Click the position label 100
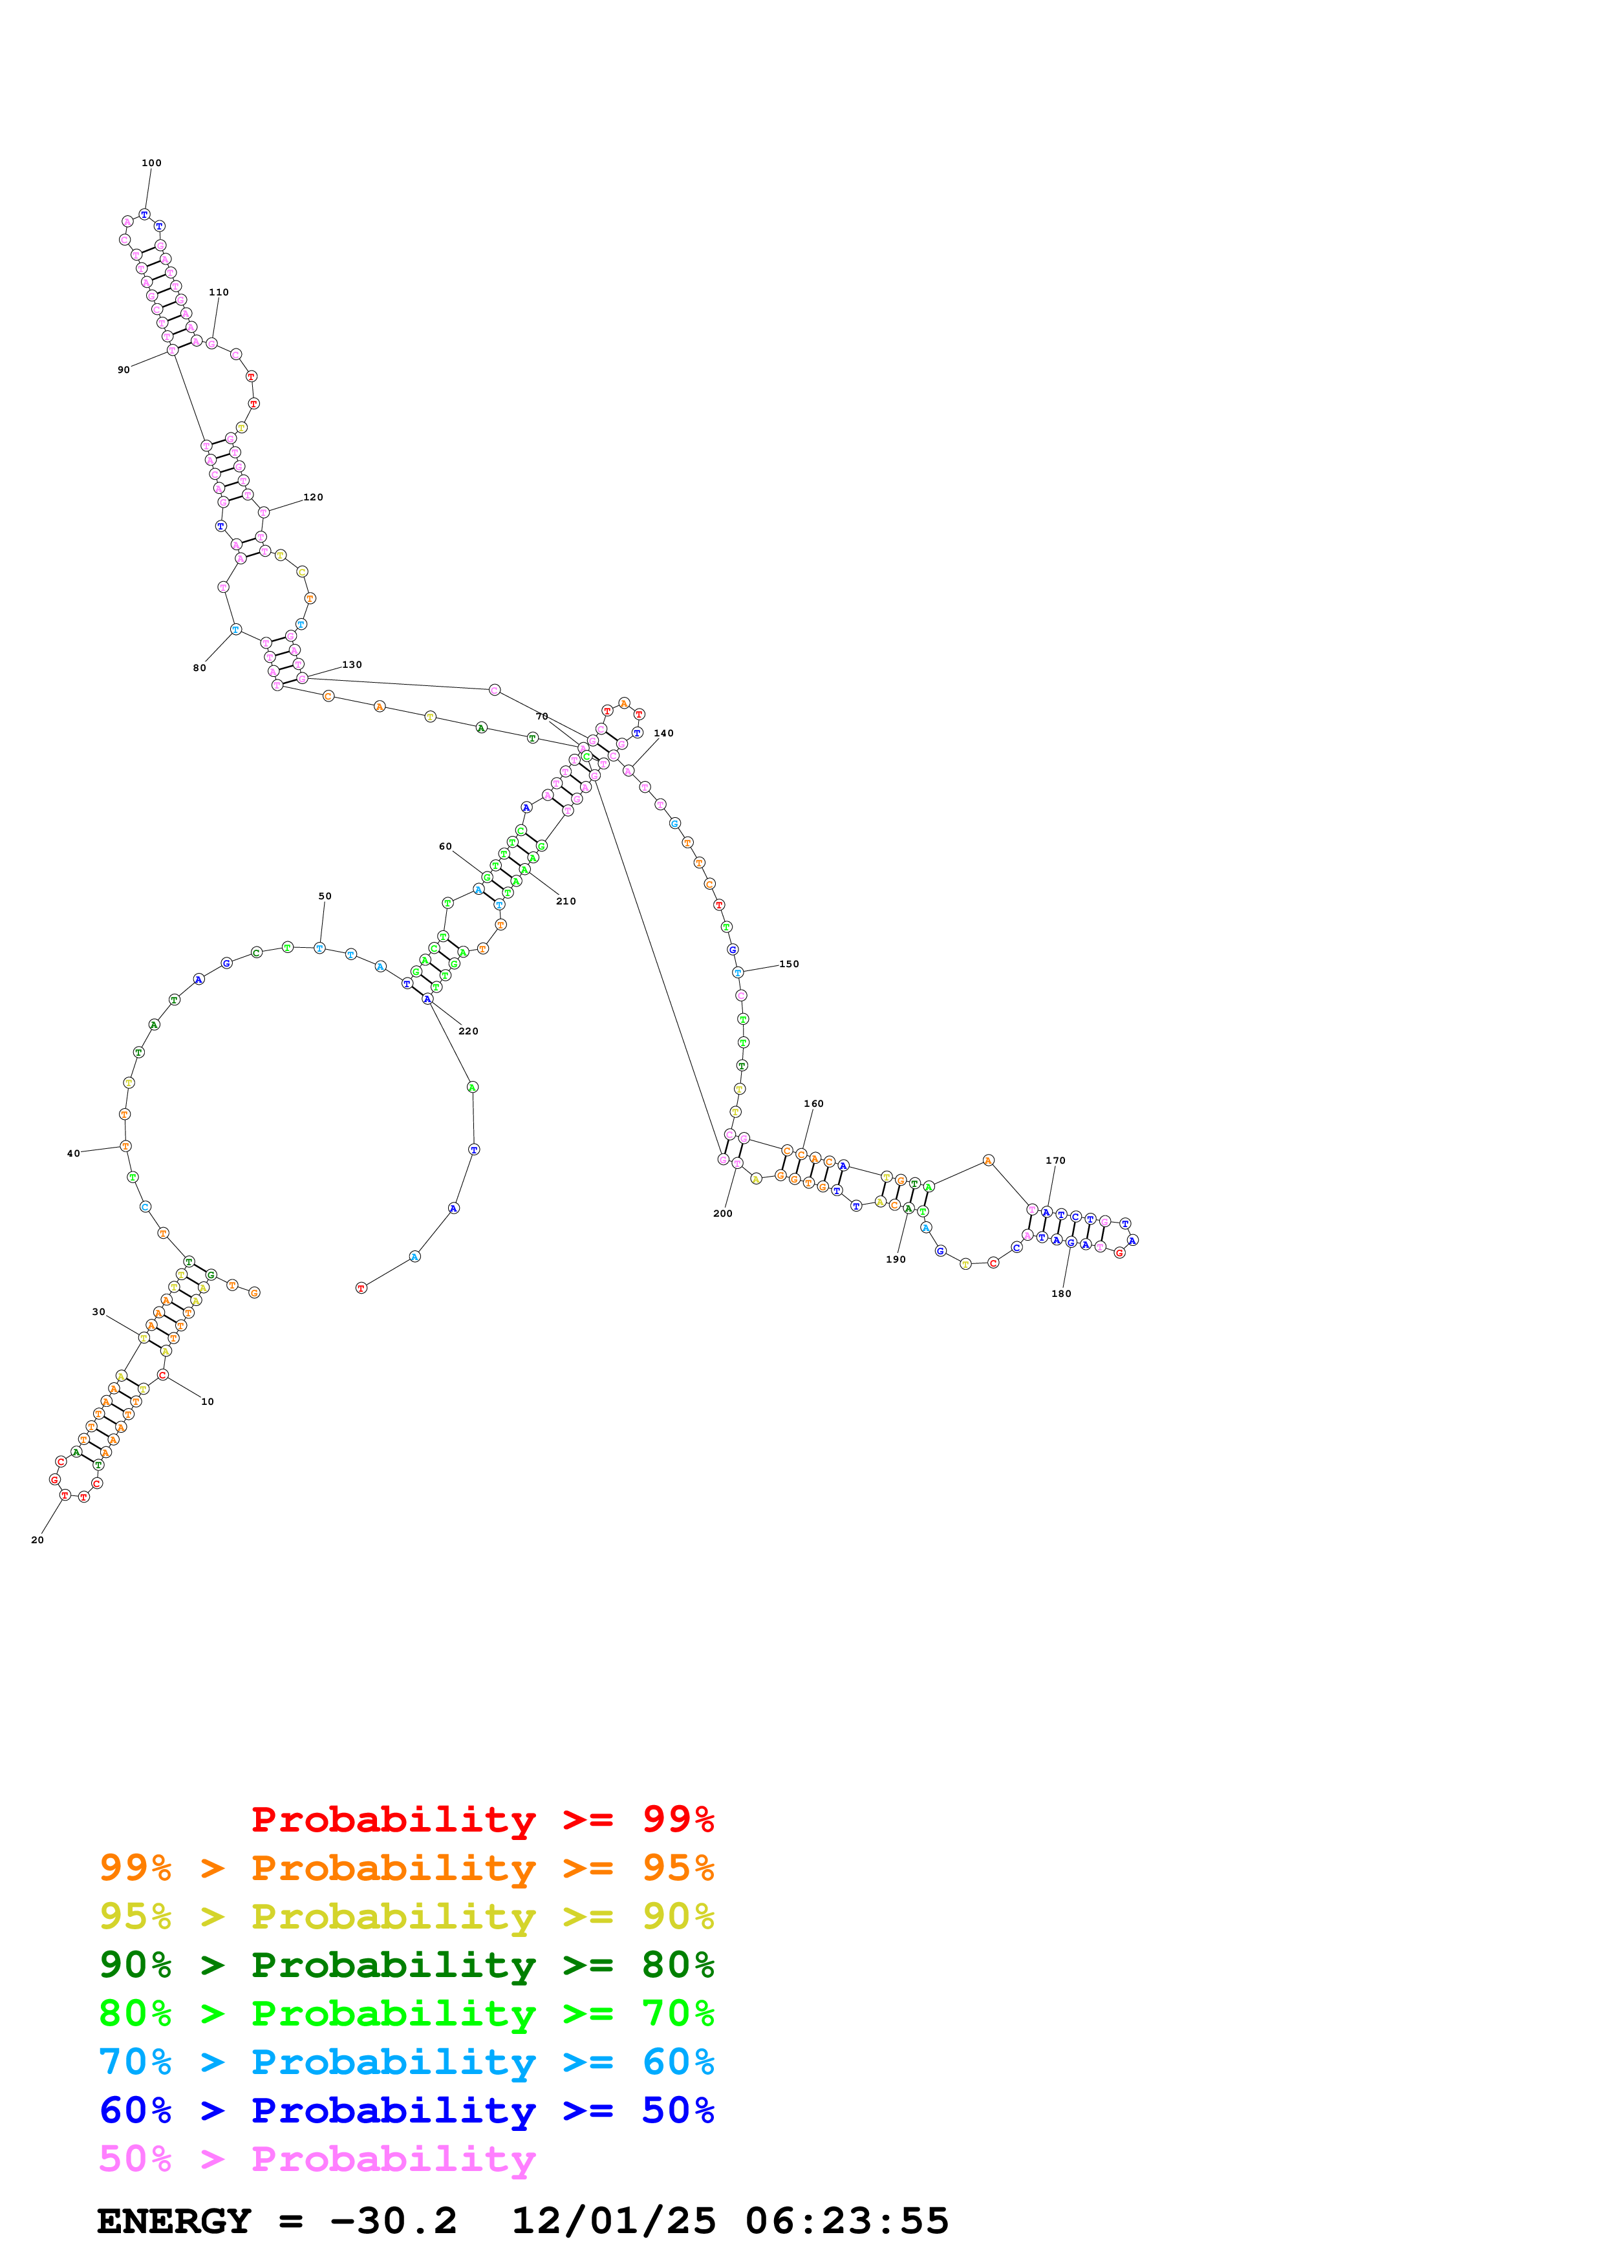click(x=151, y=163)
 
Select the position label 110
click(x=219, y=292)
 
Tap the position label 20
click(x=38, y=1540)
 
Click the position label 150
click(x=789, y=964)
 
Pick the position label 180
click(x=1060, y=1294)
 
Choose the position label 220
click(x=468, y=1031)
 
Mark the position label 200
click(x=723, y=1214)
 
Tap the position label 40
click(x=73, y=1154)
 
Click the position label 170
click(x=1055, y=1161)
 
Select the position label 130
click(x=352, y=665)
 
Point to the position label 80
click(x=200, y=669)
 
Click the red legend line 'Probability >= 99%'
click(x=482, y=1819)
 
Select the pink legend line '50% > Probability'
click(x=317, y=2159)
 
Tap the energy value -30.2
click(x=393, y=2221)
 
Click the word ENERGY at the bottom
click(x=174, y=2221)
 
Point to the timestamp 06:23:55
click(x=846, y=2221)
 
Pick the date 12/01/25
click(x=614, y=2221)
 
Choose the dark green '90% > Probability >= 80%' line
click(x=407, y=1965)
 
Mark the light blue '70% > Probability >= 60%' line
click(x=407, y=2062)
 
